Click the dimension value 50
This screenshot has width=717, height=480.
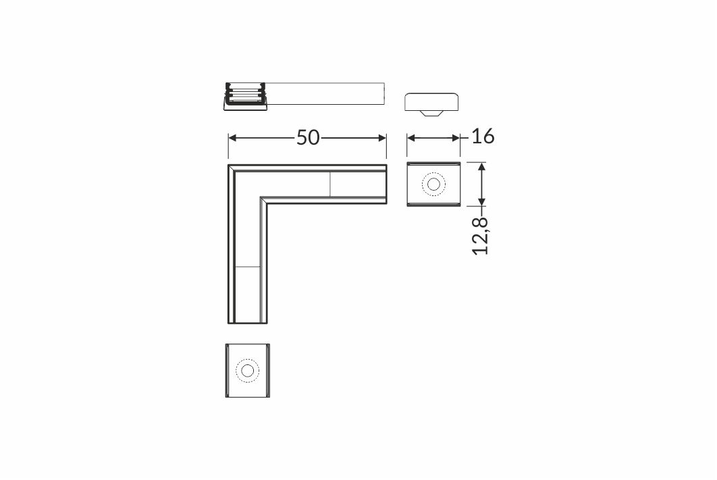[x=308, y=137]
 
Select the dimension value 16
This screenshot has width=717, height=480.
[x=483, y=137]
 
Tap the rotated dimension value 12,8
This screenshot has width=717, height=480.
[x=481, y=236]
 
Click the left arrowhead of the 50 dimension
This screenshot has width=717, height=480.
[x=232, y=138]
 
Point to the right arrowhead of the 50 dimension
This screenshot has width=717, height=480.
[x=383, y=138]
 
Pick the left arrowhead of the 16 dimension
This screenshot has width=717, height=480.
[x=411, y=138]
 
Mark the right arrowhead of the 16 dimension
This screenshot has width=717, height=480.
[x=456, y=138]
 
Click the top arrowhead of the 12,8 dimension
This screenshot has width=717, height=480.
[x=481, y=166]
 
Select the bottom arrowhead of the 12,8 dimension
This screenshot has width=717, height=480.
[x=481, y=202]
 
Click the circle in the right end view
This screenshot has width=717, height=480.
[x=433, y=185]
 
